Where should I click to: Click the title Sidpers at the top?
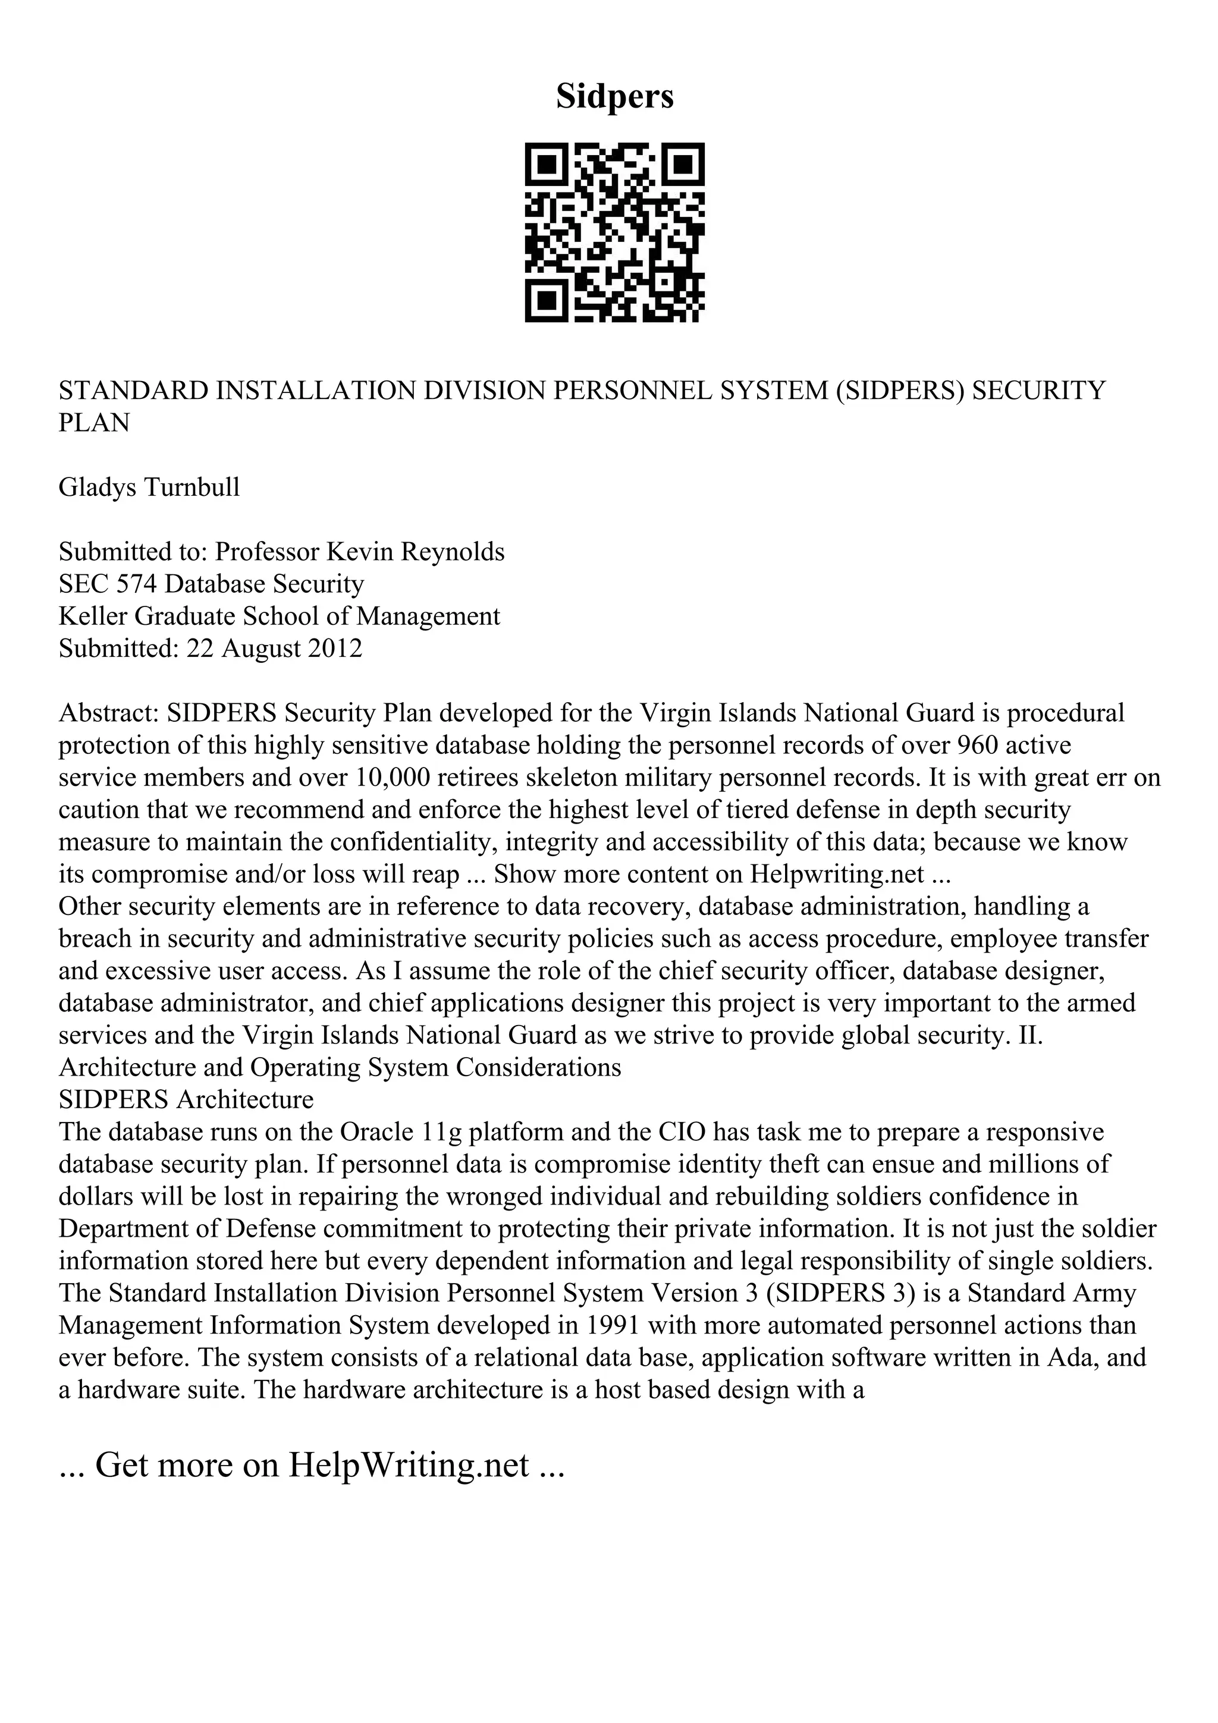tap(614, 97)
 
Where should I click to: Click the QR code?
tap(614, 232)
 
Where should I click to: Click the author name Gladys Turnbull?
tap(149, 487)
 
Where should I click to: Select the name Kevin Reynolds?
tap(415, 552)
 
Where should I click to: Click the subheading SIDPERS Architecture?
tap(186, 1099)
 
